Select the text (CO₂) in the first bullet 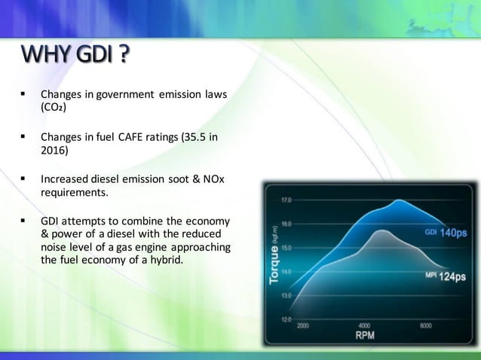[x=54, y=108]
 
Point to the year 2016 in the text [x=54, y=151]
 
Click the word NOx [x=215, y=180]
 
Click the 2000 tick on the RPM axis [x=302, y=326]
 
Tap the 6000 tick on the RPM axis [x=425, y=326]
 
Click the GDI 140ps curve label [x=445, y=233]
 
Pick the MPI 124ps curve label [x=445, y=276]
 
